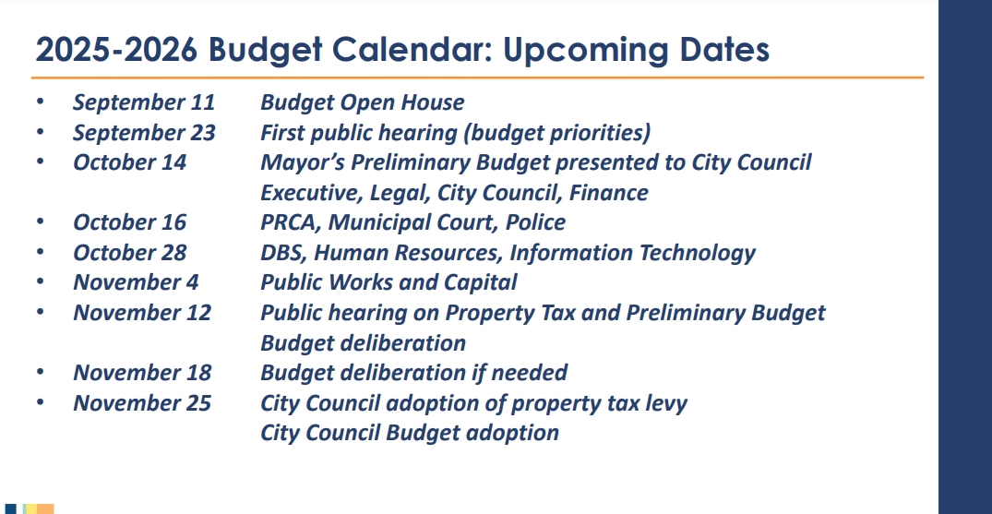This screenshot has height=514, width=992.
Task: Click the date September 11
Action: [x=143, y=102]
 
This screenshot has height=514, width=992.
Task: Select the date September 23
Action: [x=144, y=133]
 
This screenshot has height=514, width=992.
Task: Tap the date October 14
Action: [x=129, y=162]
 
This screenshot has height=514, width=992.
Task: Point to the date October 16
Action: [x=129, y=222]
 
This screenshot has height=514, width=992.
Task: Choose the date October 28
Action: [x=129, y=253]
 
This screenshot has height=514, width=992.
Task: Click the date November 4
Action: [x=136, y=282]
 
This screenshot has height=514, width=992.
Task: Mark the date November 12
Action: [x=142, y=313]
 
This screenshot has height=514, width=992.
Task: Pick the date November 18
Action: [x=142, y=373]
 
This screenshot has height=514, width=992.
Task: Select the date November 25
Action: [x=142, y=403]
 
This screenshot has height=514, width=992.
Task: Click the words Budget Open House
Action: [x=362, y=102]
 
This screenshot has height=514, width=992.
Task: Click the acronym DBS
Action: [x=281, y=253]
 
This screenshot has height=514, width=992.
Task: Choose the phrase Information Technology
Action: [x=632, y=253]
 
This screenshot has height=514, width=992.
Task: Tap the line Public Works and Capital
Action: [x=388, y=282]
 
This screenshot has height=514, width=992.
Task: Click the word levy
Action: [x=666, y=403]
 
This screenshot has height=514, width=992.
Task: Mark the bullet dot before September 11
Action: [x=40, y=102]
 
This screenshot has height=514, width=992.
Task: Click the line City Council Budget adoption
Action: [x=410, y=433]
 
